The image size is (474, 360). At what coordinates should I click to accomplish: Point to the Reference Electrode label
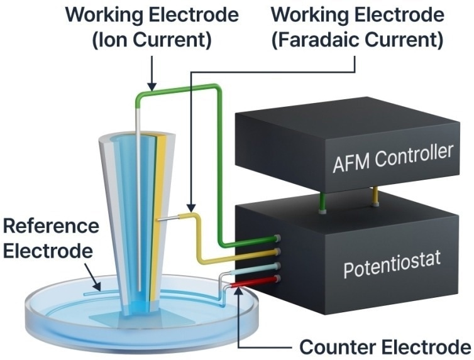pos(50,238)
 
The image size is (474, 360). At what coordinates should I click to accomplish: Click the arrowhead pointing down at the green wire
pos(151,86)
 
